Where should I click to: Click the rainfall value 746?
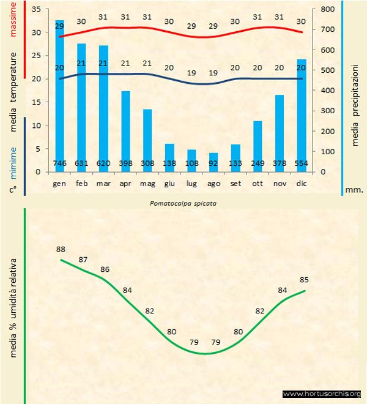point(60,163)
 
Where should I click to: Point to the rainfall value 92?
point(213,163)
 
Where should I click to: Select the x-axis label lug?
point(191,183)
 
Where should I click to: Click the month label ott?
point(258,183)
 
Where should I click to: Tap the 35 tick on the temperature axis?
point(35,9)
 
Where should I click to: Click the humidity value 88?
point(61,249)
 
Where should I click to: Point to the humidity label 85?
point(304,280)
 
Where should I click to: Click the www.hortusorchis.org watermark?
point(322,394)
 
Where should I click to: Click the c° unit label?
point(13,189)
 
